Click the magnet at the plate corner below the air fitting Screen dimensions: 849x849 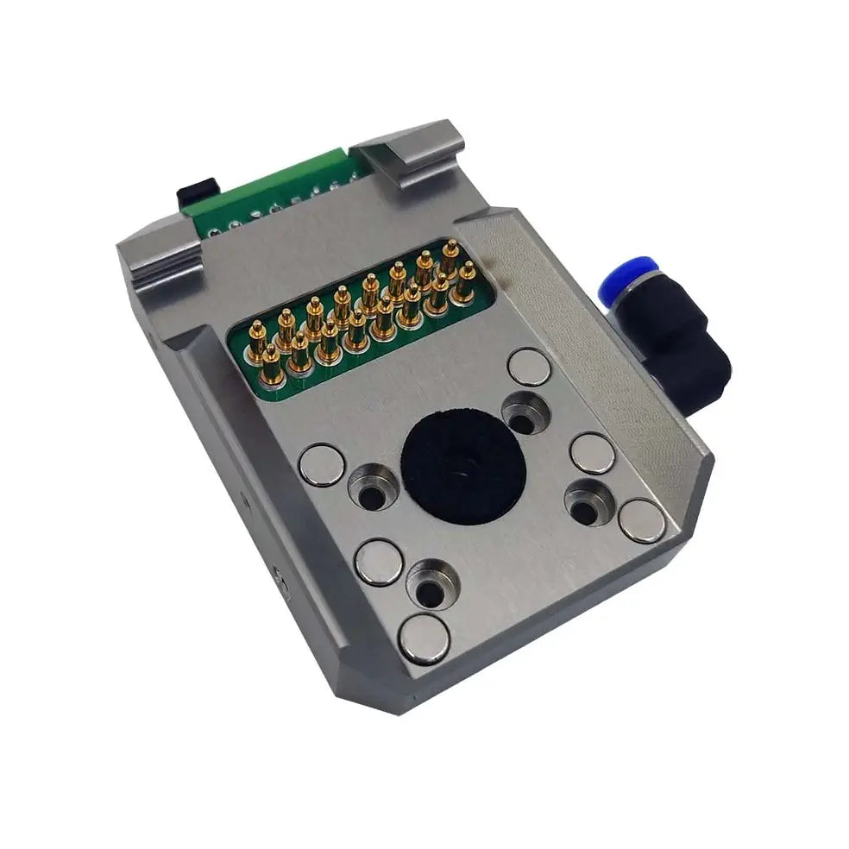[639, 520]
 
